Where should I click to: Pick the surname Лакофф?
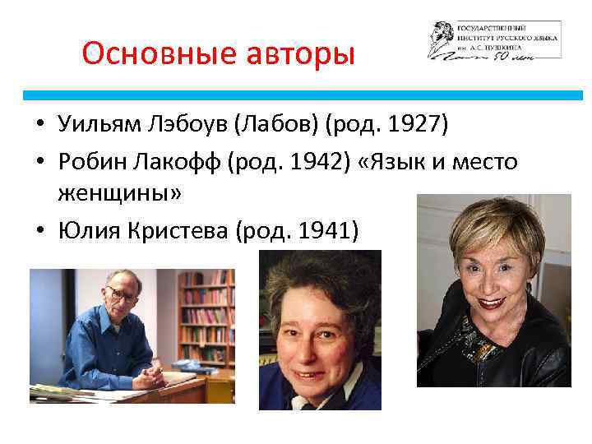point(173,162)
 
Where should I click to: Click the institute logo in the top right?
point(493,39)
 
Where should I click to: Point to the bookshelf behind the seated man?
point(206,312)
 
